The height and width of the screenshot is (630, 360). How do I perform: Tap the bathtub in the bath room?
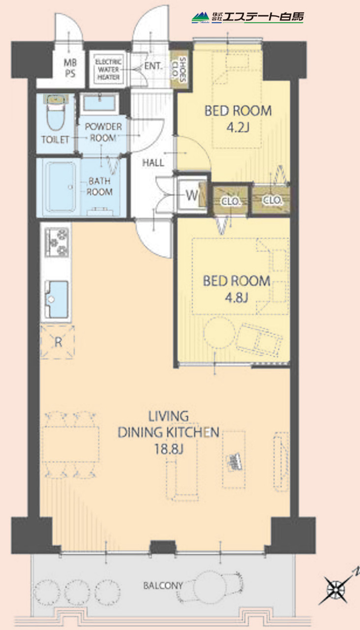tap(60, 186)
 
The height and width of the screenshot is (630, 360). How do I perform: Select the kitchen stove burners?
tap(57, 242)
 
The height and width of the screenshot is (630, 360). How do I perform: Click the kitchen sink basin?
tap(57, 299)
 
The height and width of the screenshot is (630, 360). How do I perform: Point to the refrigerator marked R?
tap(58, 342)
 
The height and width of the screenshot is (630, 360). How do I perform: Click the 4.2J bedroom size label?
tap(238, 128)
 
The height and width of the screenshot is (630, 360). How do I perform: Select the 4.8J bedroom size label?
tap(237, 298)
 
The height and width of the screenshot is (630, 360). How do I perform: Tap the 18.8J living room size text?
tap(169, 449)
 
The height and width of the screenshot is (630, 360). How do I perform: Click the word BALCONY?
tap(163, 586)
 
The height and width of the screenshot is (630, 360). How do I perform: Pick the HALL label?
tap(153, 162)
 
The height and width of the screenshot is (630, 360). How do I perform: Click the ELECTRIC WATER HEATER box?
tap(108, 69)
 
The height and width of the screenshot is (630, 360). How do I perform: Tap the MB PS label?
tap(70, 68)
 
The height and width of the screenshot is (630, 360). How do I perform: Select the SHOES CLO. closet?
tap(180, 69)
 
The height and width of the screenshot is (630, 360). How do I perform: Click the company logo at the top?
tap(247, 17)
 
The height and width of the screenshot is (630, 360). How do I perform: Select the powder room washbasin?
tap(100, 103)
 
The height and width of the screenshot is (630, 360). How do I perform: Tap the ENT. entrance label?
tap(153, 66)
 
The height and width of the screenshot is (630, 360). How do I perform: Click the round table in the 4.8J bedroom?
tap(219, 333)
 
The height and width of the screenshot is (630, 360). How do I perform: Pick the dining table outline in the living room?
tap(70, 444)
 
